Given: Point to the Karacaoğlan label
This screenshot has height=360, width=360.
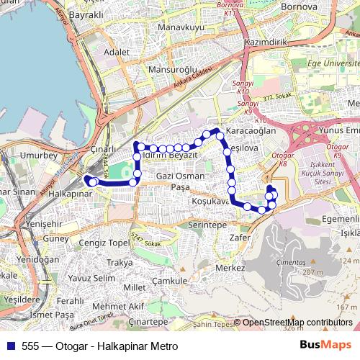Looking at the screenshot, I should point(251,132).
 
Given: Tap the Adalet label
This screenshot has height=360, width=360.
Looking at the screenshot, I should point(117,53).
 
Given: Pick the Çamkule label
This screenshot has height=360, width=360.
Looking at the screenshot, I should point(170,281).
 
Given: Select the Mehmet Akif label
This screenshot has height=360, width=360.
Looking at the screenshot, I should point(119,306).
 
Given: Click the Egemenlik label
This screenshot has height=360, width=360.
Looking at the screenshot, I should point(341,219).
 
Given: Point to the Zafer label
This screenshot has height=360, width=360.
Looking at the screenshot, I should point(240,237).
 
